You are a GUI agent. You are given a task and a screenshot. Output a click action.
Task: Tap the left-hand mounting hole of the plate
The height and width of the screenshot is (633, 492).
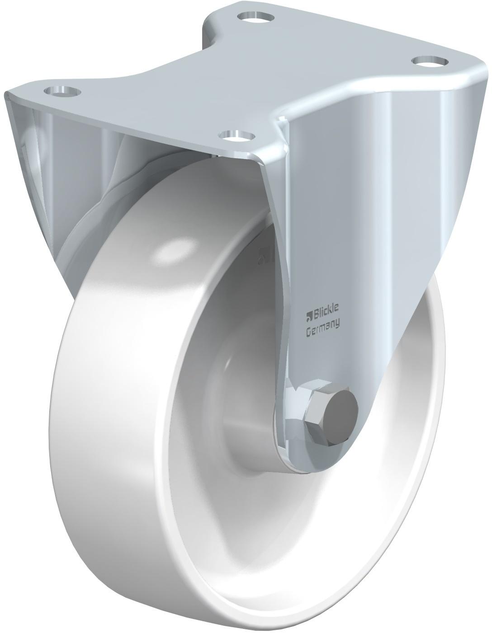pyautogui.click(x=62, y=91)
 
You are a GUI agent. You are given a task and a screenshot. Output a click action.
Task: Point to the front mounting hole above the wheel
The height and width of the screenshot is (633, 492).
pyautogui.click(x=237, y=135)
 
